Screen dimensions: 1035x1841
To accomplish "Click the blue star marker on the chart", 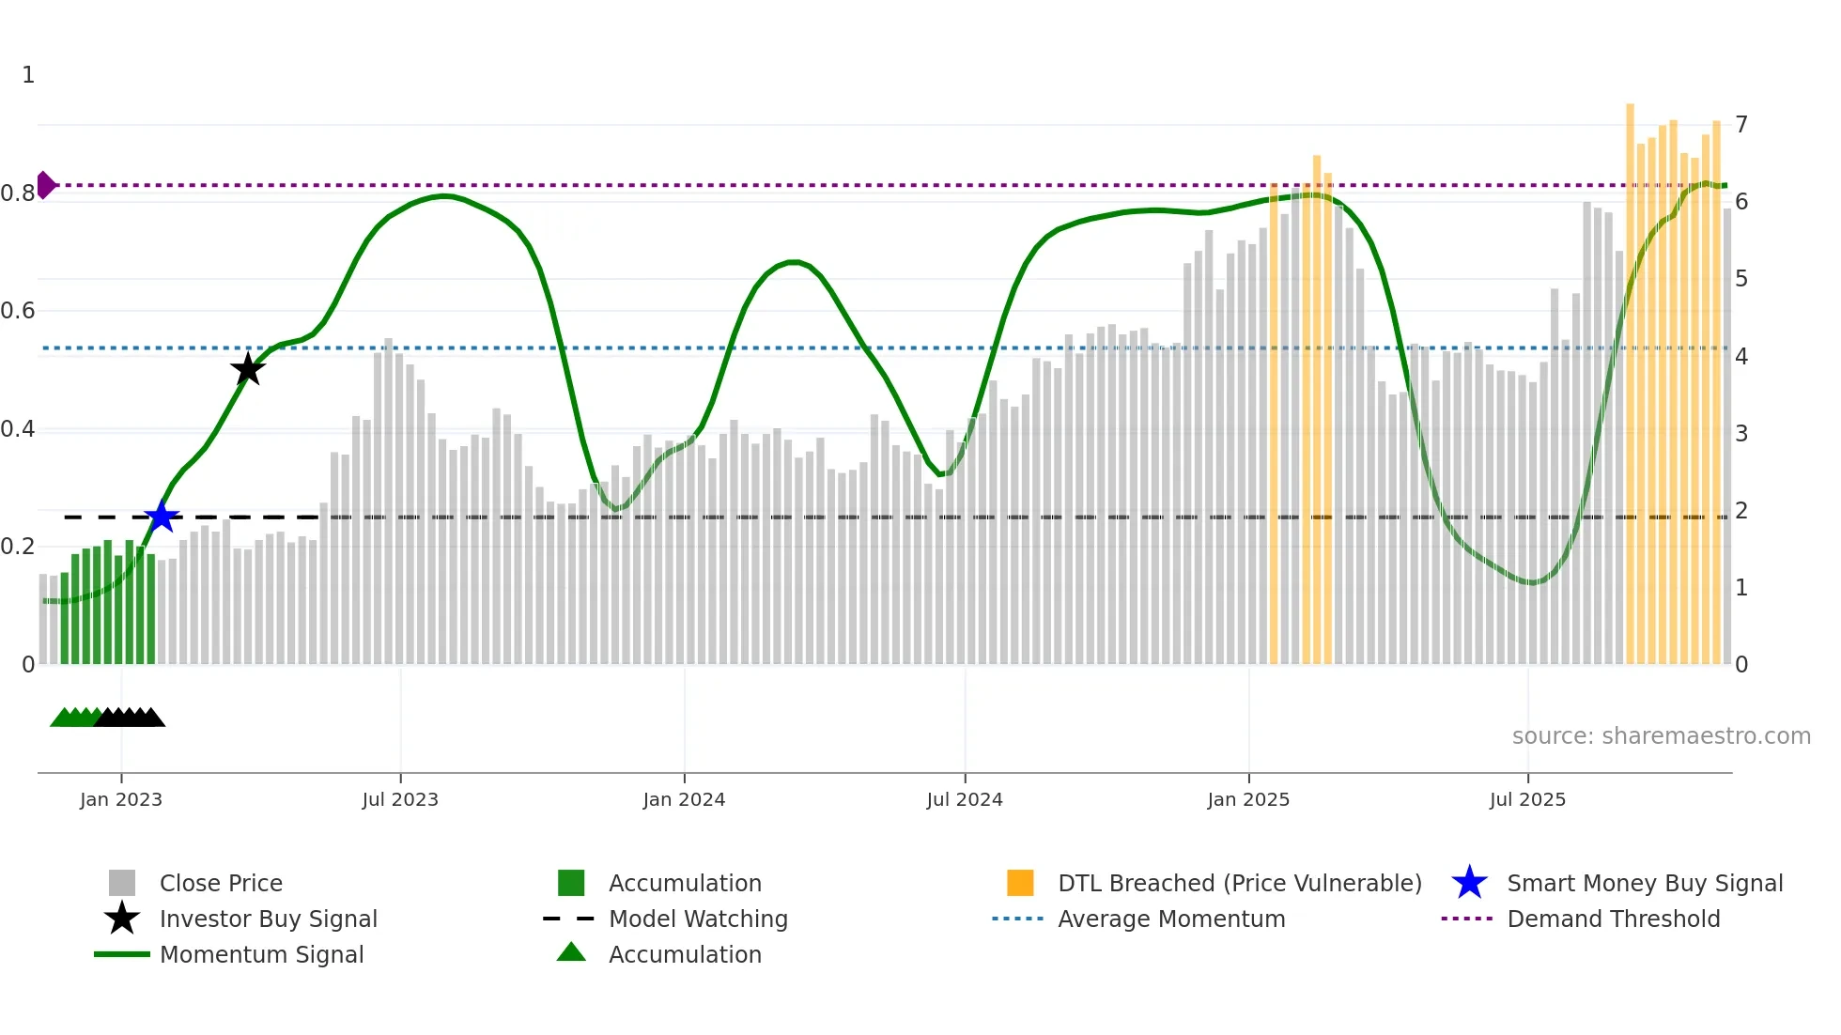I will [x=162, y=517].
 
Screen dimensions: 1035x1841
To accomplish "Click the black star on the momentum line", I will [x=248, y=369].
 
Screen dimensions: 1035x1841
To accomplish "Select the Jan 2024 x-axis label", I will [x=684, y=799].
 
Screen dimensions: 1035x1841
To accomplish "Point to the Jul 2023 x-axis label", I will [x=400, y=799].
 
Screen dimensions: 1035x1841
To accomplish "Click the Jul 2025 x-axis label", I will [x=1527, y=799].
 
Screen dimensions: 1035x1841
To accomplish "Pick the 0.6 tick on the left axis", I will [x=19, y=311].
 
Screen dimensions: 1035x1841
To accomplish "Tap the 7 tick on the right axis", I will [x=1741, y=124].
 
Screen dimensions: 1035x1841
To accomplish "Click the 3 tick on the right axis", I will [x=1741, y=433].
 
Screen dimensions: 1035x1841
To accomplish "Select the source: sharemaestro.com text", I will [x=1661, y=736].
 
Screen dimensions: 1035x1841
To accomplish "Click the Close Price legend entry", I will [x=221, y=883].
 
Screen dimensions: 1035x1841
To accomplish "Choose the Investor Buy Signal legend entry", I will [x=268, y=919].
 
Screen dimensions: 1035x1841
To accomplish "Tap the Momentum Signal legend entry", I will [x=261, y=954].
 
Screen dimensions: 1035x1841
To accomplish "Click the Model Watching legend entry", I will [x=698, y=919].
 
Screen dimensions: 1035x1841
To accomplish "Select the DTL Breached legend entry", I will [x=1239, y=883].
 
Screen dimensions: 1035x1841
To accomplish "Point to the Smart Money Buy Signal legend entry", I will [x=1644, y=883].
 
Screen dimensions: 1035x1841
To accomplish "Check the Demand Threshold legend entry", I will [x=1613, y=919].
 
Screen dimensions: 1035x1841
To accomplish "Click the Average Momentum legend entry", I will [x=1170, y=919].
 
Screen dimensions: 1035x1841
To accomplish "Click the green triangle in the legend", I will [x=571, y=952].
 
